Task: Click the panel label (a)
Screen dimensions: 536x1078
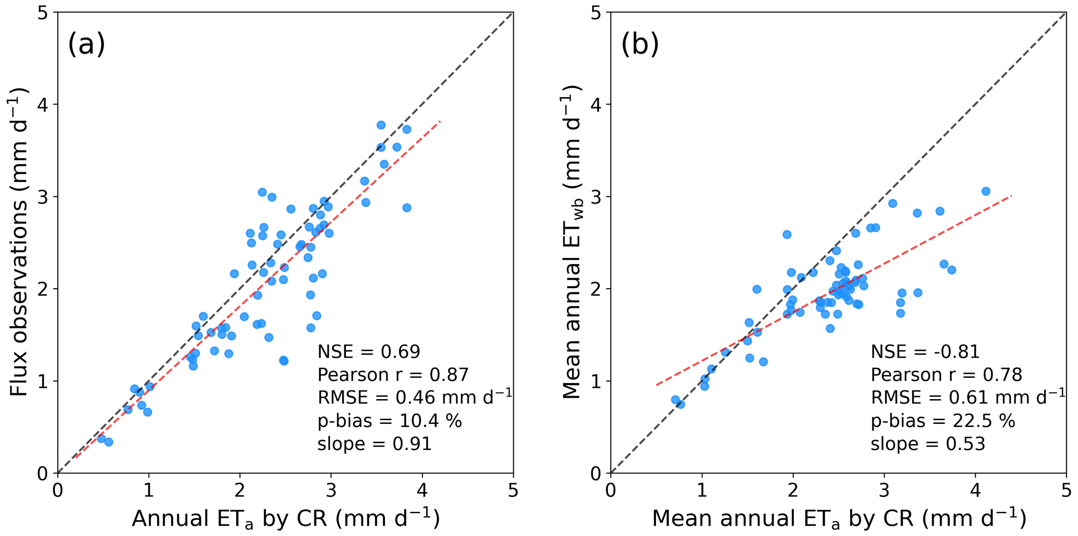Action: (x=86, y=44)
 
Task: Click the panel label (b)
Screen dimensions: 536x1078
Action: (x=639, y=44)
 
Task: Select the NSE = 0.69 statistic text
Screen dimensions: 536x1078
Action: (x=369, y=352)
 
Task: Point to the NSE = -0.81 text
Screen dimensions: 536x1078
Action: (x=925, y=352)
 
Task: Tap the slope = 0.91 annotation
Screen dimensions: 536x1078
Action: (x=374, y=444)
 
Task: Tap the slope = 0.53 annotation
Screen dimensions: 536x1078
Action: (x=928, y=444)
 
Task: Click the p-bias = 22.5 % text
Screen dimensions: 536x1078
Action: (x=943, y=421)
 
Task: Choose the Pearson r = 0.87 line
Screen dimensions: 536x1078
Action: (x=393, y=375)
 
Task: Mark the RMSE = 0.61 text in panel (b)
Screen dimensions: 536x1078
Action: (x=967, y=398)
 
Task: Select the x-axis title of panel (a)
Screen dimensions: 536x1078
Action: (x=285, y=519)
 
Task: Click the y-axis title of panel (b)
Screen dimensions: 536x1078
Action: (x=572, y=242)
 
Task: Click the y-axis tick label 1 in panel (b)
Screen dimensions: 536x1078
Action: (x=597, y=381)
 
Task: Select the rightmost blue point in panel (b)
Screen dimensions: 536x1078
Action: (x=986, y=192)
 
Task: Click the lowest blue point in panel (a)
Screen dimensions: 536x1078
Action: (x=108, y=442)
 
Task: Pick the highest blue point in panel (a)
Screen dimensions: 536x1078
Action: (x=381, y=125)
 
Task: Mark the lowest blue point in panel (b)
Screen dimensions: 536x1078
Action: (x=680, y=404)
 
